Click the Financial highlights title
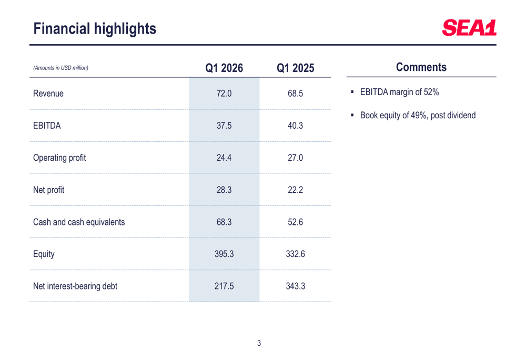[x=95, y=28]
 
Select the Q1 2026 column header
[x=224, y=68]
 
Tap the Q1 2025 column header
[x=295, y=68]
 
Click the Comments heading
[x=421, y=67]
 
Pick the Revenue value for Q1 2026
[x=224, y=94]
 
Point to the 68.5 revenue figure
[x=295, y=94]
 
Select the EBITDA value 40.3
[x=295, y=126]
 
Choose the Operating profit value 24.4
[x=224, y=158]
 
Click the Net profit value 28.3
[x=224, y=190]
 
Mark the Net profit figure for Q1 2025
[x=295, y=190]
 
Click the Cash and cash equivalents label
[x=78, y=222]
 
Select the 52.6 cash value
[x=295, y=222]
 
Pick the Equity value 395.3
[x=224, y=254]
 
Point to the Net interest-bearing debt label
[x=75, y=286]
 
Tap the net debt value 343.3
[x=295, y=286]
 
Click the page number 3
[x=259, y=343]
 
